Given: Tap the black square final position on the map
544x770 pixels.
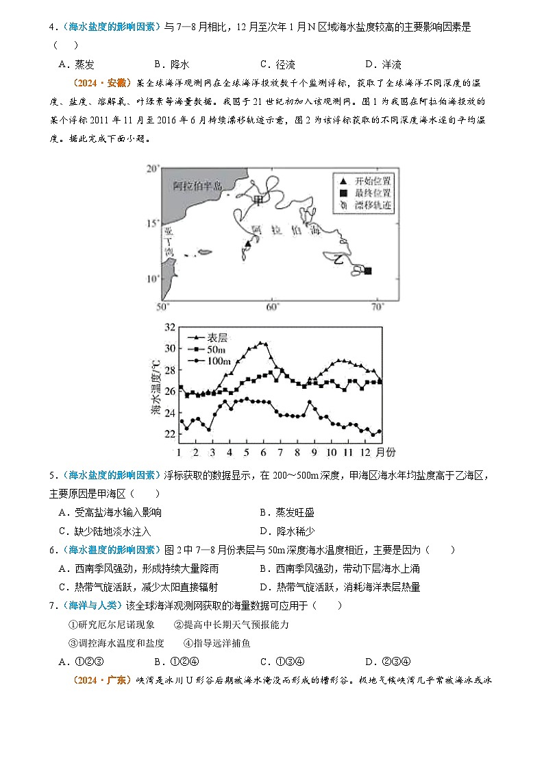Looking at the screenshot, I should [368, 271].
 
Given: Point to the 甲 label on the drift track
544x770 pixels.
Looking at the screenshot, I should [258, 200].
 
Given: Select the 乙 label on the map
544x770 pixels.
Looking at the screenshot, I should [338, 259].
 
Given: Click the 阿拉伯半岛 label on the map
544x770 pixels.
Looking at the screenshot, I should [198, 186].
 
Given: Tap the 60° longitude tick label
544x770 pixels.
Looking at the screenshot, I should [271, 306].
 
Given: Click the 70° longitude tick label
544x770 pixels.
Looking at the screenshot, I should [378, 306].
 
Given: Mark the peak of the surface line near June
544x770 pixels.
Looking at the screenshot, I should [261, 343].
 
